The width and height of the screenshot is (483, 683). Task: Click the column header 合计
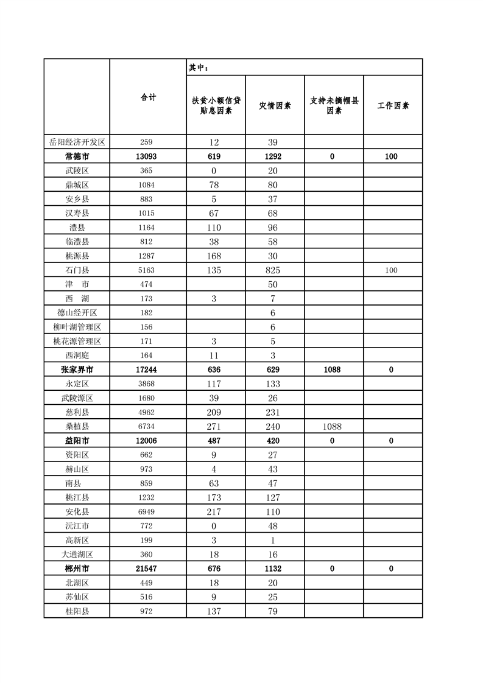(x=148, y=97)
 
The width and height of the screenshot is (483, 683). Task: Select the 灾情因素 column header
(x=275, y=105)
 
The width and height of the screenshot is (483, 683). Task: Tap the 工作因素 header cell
(x=393, y=105)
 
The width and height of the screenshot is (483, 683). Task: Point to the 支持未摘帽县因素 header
(x=334, y=105)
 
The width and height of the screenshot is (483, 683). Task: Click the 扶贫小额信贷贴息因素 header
(x=216, y=105)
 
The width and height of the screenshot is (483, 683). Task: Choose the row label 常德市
(x=77, y=156)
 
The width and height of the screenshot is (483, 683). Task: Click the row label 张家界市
(x=77, y=370)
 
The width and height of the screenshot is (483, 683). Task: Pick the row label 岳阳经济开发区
(x=77, y=142)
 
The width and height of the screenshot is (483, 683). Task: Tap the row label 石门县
(x=77, y=270)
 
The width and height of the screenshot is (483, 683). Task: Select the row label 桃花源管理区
(x=77, y=341)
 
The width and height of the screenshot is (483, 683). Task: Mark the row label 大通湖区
(x=77, y=555)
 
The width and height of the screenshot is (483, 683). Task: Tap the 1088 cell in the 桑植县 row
(x=333, y=427)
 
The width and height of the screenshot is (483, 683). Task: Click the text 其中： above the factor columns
(x=199, y=68)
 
